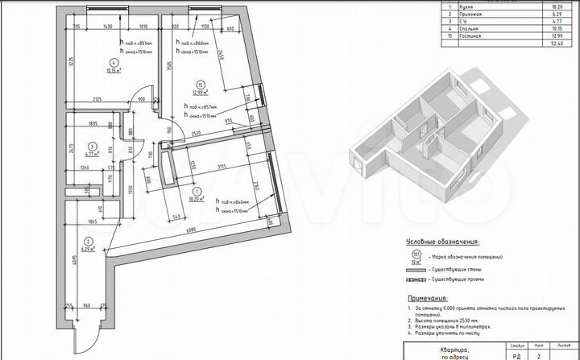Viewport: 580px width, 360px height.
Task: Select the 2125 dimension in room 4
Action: [96, 100]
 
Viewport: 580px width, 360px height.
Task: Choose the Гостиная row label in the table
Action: [492, 35]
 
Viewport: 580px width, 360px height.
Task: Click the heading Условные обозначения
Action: [443, 241]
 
